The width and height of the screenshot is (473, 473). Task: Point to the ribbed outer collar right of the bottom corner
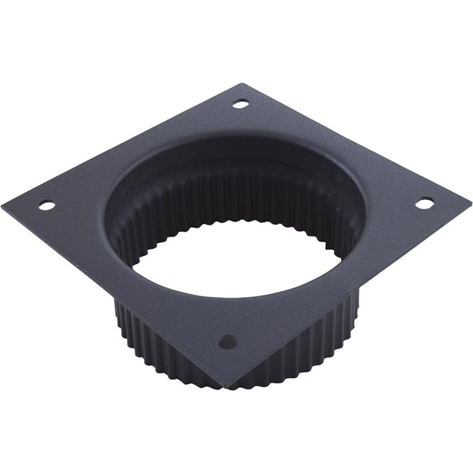(295, 347)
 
